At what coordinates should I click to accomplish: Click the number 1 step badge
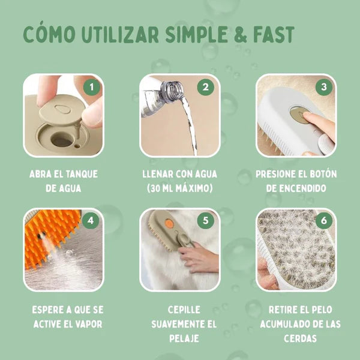point(91,88)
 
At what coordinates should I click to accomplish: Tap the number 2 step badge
point(206,88)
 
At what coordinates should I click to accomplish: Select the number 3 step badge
point(323,88)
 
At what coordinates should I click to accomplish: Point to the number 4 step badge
point(91,221)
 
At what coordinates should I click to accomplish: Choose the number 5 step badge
point(206,221)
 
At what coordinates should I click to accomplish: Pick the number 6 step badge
point(323,221)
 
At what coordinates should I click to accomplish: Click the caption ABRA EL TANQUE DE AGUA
point(63,181)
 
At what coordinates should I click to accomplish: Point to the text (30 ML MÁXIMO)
point(179,188)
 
